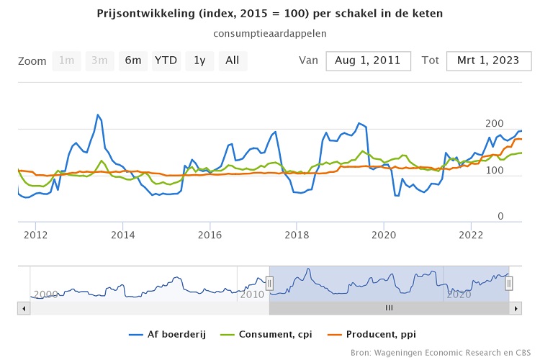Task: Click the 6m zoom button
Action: click(133, 60)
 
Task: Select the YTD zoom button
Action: click(166, 60)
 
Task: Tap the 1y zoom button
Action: click(199, 60)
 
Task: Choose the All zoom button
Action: click(233, 60)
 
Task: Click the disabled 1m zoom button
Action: click(66, 60)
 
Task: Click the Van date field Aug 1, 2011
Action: click(368, 60)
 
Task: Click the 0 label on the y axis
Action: click(501, 217)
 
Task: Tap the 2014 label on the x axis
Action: click(123, 235)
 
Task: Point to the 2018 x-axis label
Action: click(297, 235)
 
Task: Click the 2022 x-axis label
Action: click(471, 235)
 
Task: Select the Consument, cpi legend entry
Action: click(271, 334)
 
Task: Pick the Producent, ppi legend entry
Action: click(374, 334)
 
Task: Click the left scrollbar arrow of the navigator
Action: click(24, 308)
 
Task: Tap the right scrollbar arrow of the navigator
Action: click(516, 308)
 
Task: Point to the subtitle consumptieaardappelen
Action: click(270, 34)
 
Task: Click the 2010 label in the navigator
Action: click(252, 294)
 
